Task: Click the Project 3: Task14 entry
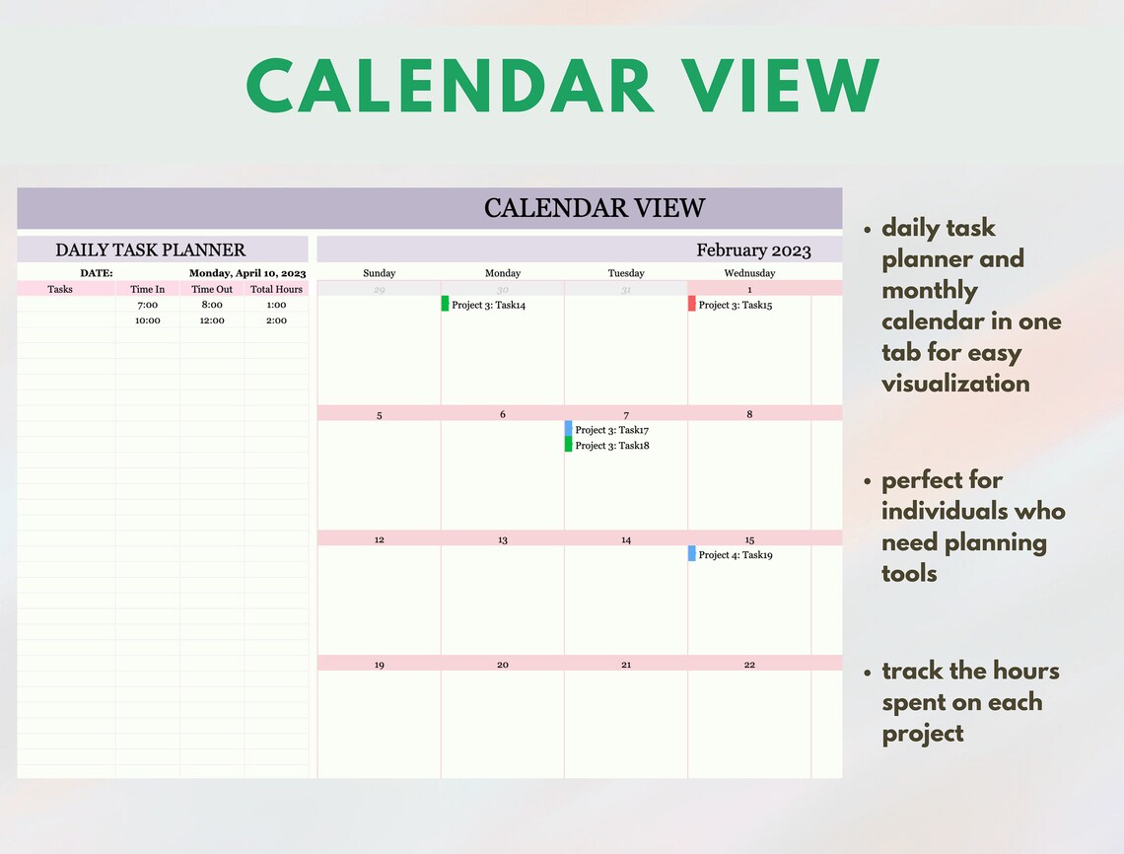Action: pyautogui.click(x=488, y=305)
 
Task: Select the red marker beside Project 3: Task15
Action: pyautogui.click(x=692, y=304)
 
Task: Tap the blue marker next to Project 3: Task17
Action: pyautogui.click(x=568, y=429)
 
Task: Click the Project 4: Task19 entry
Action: pyautogui.click(x=735, y=555)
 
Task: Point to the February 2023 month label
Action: pyautogui.click(x=753, y=250)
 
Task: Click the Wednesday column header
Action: pyautogui.click(x=749, y=273)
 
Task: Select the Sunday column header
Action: pyautogui.click(x=379, y=273)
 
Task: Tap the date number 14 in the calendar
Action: pyautogui.click(x=626, y=539)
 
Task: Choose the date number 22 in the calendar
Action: pyautogui.click(x=749, y=665)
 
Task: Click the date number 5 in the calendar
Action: pyautogui.click(x=379, y=415)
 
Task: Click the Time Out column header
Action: pyautogui.click(x=212, y=289)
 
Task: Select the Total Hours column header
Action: pyautogui.click(x=276, y=289)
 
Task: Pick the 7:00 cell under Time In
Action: pyautogui.click(x=148, y=305)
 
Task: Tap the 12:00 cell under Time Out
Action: pyautogui.click(x=212, y=320)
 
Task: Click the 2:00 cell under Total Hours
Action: pyautogui.click(x=276, y=320)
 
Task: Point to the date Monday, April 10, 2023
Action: pyautogui.click(x=247, y=273)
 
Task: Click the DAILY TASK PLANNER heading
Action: pyautogui.click(x=150, y=250)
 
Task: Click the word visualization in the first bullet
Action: pyautogui.click(x=954, y=384)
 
